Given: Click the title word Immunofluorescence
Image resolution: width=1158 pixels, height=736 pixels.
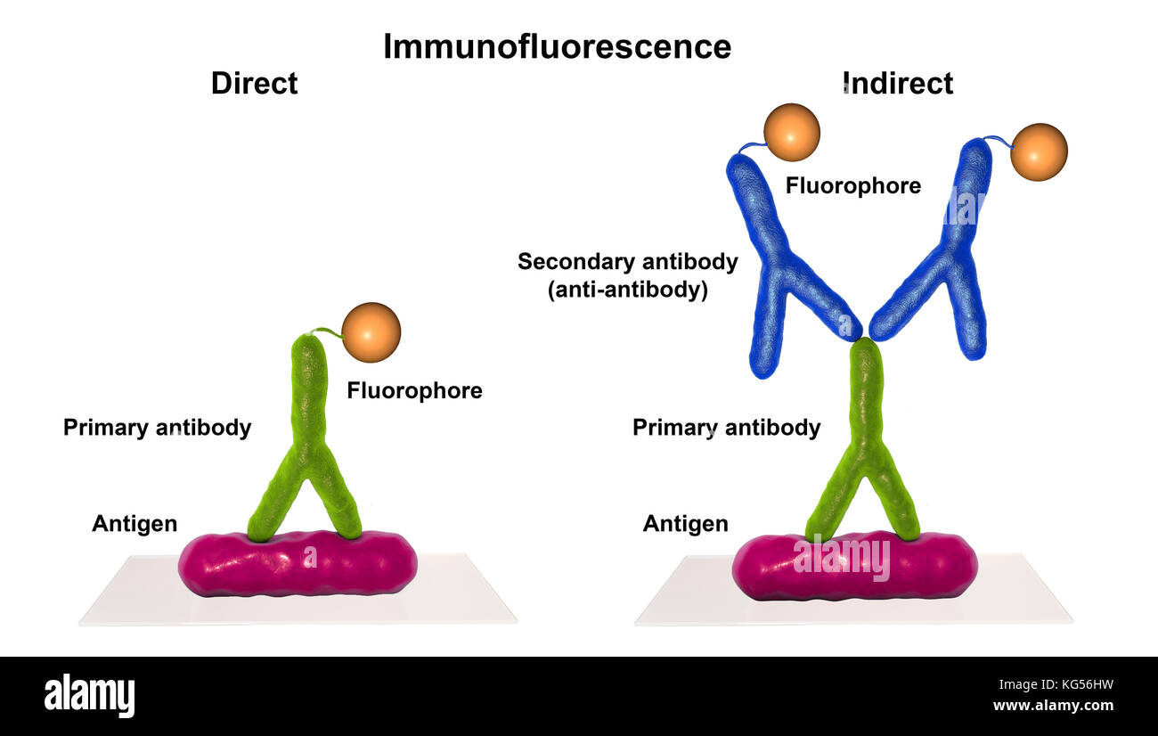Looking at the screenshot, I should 557,46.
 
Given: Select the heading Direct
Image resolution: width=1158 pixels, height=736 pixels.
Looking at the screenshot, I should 254,84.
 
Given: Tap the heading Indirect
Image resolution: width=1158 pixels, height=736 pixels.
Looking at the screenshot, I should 898,84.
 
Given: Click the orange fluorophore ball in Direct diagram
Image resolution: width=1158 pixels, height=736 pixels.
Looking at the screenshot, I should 371,332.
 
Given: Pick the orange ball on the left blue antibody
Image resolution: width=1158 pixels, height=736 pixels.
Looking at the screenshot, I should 791,133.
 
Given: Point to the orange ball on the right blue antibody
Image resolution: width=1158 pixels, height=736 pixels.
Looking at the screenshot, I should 1039,152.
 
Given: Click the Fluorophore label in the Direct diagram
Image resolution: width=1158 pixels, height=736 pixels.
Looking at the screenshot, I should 414,390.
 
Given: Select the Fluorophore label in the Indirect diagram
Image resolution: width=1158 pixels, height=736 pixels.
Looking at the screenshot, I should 852,186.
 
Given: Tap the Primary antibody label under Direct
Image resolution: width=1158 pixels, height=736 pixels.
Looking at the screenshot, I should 157,428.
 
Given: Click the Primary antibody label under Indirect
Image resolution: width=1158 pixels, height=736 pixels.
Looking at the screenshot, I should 726,428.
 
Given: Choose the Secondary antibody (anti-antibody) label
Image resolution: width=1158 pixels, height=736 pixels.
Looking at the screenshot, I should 628,275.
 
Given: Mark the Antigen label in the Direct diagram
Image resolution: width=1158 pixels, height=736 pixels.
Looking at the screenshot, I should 135,524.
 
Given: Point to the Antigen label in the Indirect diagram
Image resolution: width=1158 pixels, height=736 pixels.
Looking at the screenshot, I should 685,524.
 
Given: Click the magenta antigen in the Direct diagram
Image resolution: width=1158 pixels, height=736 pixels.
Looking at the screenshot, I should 298,565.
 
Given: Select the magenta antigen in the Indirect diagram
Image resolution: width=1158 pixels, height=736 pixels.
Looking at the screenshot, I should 854,567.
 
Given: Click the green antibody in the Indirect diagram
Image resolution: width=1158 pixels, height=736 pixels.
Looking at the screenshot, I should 865,428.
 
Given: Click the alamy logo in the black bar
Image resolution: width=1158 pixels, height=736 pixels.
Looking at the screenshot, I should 89,696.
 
